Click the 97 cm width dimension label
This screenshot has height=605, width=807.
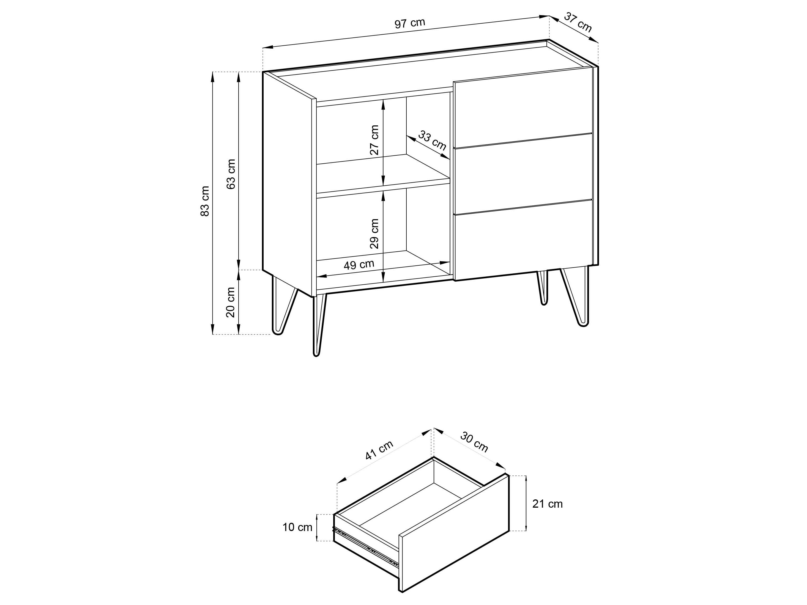click(x=410, y=23)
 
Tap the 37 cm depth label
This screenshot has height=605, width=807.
click(x=578, y=22)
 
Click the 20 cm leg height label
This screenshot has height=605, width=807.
click(x=231, y=302)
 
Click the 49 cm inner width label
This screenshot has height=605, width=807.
click(x=359, y=264)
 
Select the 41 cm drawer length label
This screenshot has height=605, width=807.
click(x=379, y=450)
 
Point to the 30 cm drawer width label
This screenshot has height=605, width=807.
click(x=474, y=442)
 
